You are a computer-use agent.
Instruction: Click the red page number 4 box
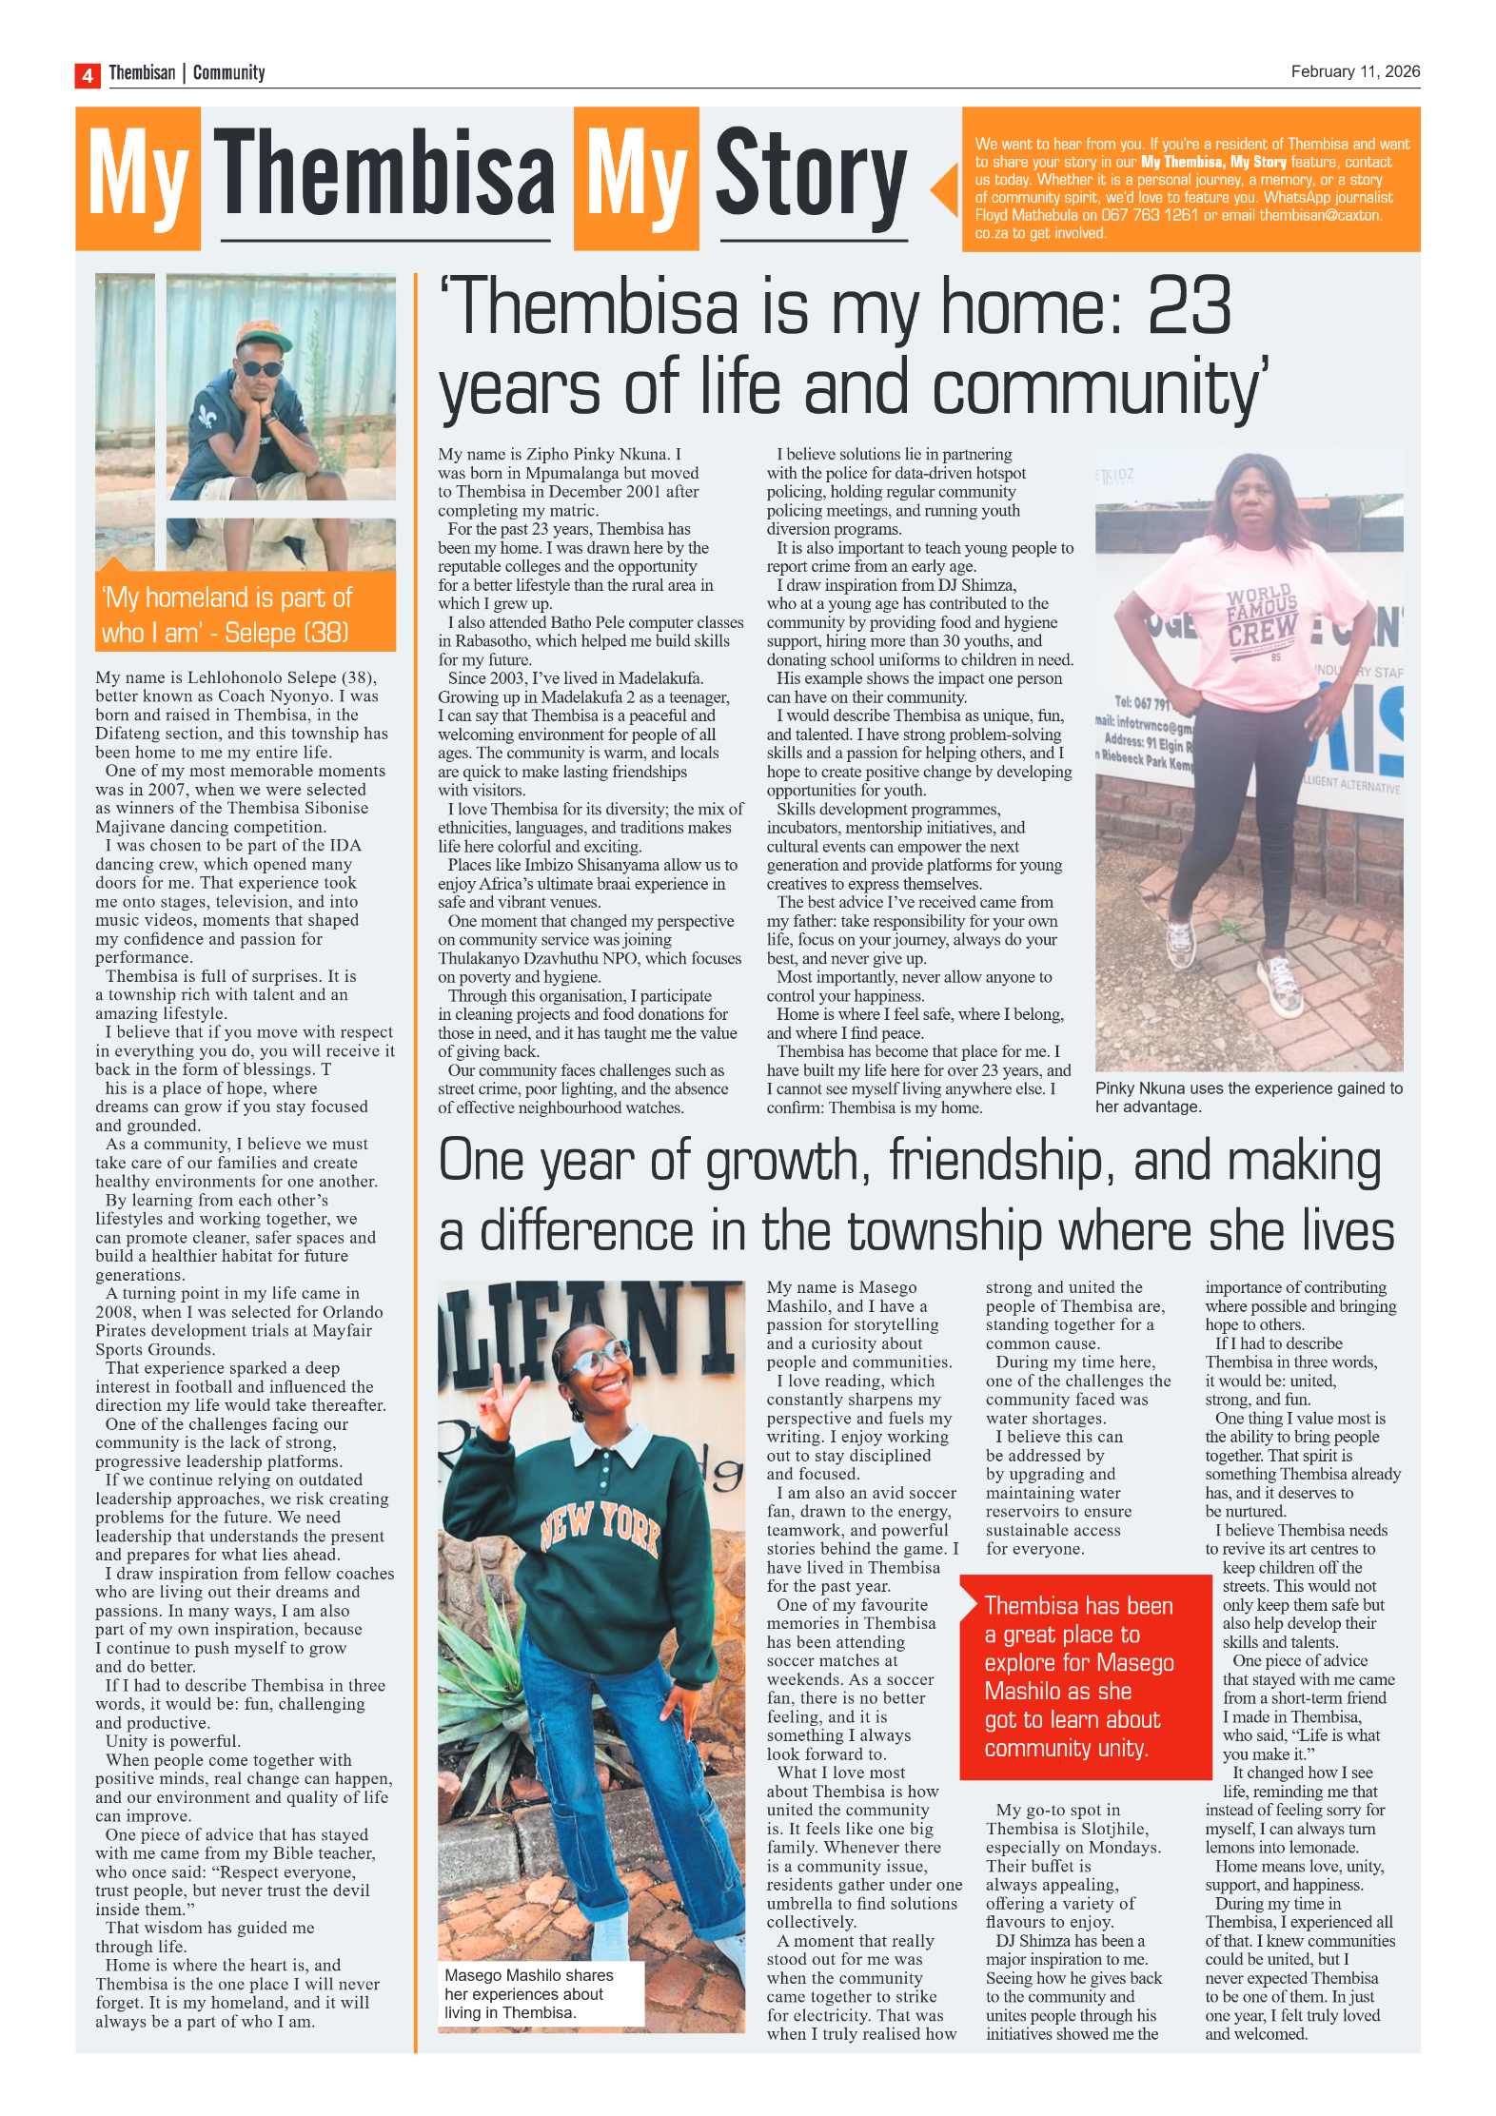(88, 75)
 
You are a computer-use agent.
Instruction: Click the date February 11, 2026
(1354, 71)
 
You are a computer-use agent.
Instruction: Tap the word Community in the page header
(228, 72)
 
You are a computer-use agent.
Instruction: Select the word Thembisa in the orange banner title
(384, 176)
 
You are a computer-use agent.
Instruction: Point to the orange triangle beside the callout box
(944, 189)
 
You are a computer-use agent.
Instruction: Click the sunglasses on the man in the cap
(260, 368)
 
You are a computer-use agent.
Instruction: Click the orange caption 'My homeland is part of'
(228, 598)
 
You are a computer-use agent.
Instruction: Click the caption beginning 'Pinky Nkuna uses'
(1248, 1097)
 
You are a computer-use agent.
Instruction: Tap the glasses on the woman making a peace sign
(598, 1358)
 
